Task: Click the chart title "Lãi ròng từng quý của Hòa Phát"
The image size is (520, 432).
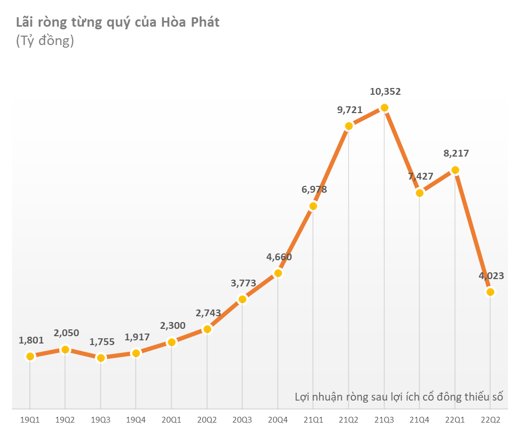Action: (x=117, y=23)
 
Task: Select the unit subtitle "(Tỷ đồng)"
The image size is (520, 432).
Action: (x=45, y=41)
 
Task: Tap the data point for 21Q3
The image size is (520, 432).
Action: (x=384, y=108)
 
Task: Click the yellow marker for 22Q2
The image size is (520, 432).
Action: (x=490, y=292)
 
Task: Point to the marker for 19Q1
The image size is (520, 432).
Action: (x=30, y=357)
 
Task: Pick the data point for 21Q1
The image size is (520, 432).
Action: (x=313, y=206)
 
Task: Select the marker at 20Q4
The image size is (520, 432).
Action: (x=278, y=273)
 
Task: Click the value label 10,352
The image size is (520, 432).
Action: (x=385, y=92)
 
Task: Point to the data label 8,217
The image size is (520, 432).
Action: (x=456, y=153)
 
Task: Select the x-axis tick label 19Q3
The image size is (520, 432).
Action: (x=101, y=420)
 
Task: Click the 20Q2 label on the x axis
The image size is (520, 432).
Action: (x=207, y=420)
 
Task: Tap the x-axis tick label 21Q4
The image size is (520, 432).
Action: (x=419, y=420)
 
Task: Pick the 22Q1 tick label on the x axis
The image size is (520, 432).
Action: (x=455, y=420)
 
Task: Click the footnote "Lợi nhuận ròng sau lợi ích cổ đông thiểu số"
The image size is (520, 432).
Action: (x=398, y=396)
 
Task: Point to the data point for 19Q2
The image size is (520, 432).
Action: (x=65, y=349)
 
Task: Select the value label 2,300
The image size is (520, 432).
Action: (x=172, y=326)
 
